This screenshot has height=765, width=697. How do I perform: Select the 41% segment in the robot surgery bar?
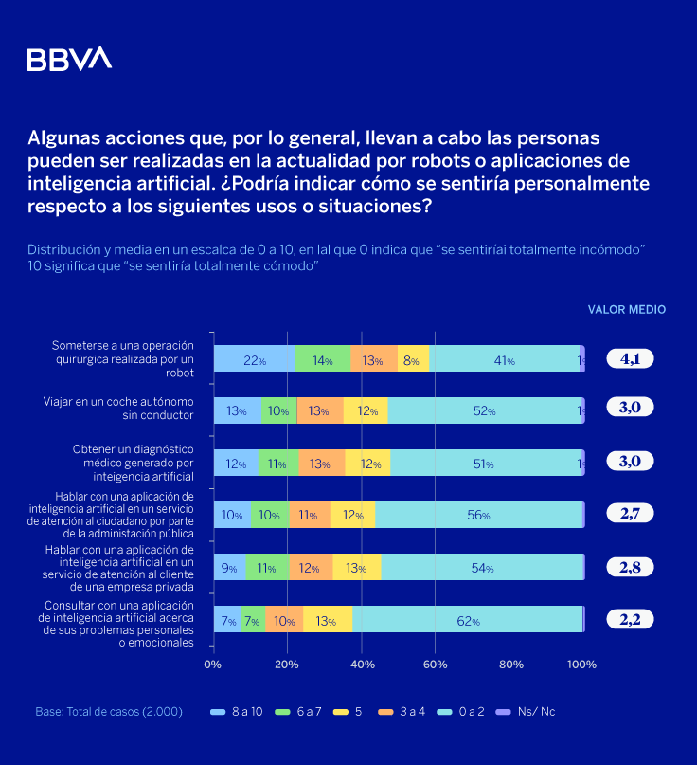pyautogui.click(x=504, y=359)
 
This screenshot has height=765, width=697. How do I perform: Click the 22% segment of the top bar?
pyautogui.click(x=254, y=359)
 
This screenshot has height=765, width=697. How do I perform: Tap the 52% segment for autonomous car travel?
pyautogui.click(x=483, y=410)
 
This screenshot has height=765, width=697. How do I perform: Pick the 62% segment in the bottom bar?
pyautogui.click(x=468, y=620)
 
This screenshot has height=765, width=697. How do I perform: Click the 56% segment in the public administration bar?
pyautogui.click(x=478, y=515)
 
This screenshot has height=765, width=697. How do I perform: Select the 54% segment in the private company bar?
pyautogui.click(x=482, y=568)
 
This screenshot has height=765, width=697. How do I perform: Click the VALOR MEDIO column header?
pyautogui.click(x=626, y=309)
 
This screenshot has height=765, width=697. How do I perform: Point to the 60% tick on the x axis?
pyautogui.click(x=435, y=664)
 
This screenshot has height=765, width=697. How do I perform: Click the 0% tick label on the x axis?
pyautogui.click(x=213, y=664)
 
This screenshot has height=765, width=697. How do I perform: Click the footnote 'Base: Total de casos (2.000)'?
pyautogui.click(x=109, y=711)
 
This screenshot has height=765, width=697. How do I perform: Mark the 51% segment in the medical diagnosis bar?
pyautogui.click(x=484, y=464)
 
